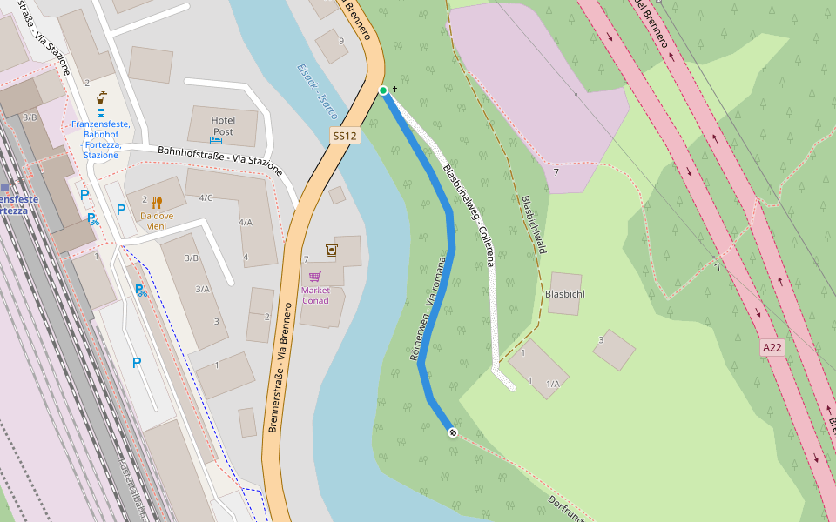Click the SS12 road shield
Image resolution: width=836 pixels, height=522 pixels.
[x=346, y=136]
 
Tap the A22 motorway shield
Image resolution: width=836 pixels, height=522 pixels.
[x=772, y=347]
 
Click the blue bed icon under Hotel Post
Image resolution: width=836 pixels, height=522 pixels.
[x=216, y=140]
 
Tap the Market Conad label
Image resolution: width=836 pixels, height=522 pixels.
[x=315, y=295]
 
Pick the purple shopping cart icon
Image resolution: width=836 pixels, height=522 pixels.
[x=314, y=277]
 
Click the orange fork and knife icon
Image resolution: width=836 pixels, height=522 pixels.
[x=157, y=201]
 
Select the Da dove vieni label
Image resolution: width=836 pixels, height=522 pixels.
[x=158, y=220]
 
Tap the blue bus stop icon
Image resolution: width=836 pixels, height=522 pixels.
[x=101, y=112]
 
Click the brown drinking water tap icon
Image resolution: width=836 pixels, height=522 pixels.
[x=331, y=251]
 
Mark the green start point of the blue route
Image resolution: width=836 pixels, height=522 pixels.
[x=383, y=90]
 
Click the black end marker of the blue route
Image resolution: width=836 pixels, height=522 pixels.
[x=453, y=432]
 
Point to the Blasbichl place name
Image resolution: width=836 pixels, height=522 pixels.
[x=564, y=294]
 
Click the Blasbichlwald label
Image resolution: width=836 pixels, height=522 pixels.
[x=533, y=224]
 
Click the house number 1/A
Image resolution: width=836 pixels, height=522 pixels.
[x=552, y=384]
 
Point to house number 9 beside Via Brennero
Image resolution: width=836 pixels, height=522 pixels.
[x=341, y=41]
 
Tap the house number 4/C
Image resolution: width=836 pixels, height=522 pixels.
[x=206, y=197]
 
